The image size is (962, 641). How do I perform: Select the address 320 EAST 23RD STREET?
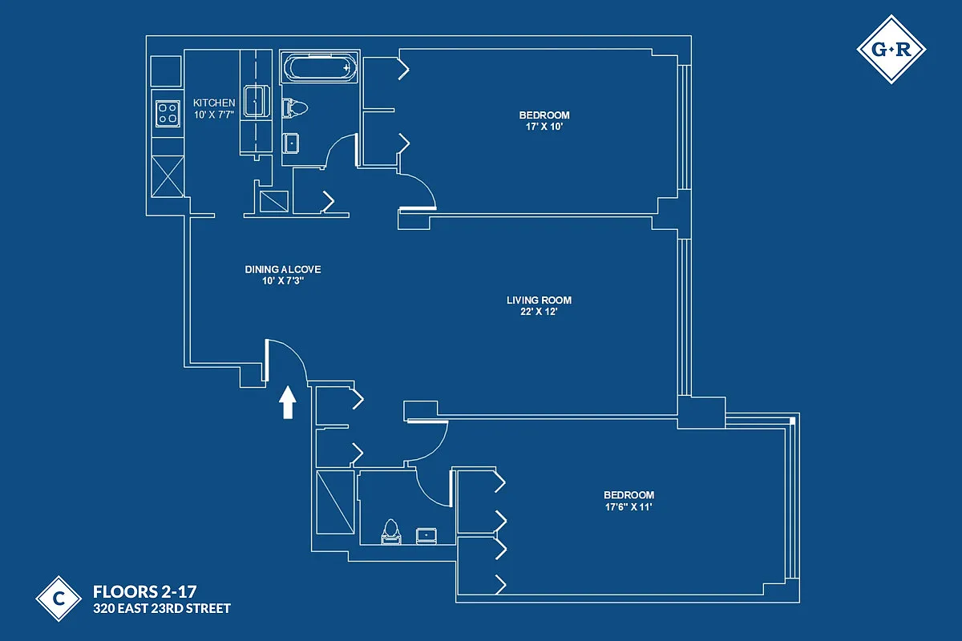coord(162,609)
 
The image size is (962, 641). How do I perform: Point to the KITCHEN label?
coord(214,103)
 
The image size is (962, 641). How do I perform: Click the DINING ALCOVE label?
coord(277,270)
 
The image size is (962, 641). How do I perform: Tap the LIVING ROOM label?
coord(539,300)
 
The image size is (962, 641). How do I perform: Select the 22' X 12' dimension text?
coord(539,312)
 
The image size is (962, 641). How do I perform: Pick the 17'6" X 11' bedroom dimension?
coord(629,507)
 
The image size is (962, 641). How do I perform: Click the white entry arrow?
coord(286,403)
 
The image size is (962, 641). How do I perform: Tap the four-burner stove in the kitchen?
coord(168,113)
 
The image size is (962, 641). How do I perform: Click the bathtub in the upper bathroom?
coord(319,68)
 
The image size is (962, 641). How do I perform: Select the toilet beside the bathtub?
coord(294,107)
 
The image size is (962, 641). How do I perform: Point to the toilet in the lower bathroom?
coord(391,532)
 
